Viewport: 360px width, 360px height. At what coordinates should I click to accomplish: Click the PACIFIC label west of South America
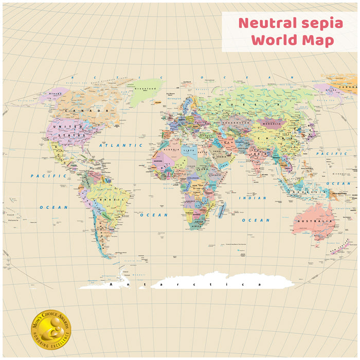(x=42, y=176)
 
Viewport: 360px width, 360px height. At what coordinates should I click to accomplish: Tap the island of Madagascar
(x=221, y=210)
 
